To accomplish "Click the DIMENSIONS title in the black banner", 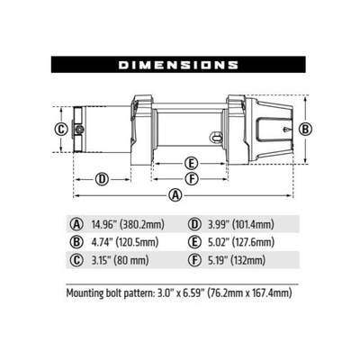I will tap(178, 65).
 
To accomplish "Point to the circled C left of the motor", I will tap(60, 129).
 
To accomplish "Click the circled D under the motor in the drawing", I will tap(102, 178).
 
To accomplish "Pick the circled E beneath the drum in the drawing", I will tap(190, 163).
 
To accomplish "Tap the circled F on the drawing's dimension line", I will tap(190, 178).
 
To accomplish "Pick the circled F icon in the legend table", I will tap(195, 261).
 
